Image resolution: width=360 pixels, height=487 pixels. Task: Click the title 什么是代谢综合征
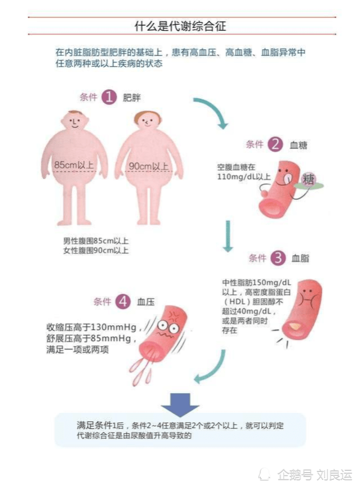point(180,26)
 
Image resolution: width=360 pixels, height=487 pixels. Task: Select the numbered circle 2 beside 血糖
point(275,144)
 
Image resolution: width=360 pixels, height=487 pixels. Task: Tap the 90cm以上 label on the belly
point(149,166)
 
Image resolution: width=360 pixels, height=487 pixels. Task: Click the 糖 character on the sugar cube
point(308,180)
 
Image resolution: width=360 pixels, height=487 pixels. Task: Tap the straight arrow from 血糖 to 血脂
point(227,236)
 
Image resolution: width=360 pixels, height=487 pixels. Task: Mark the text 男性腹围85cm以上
point(96,241)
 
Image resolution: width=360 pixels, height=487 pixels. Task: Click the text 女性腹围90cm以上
point(96,250)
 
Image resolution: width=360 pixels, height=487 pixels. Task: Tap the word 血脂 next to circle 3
point(300,258)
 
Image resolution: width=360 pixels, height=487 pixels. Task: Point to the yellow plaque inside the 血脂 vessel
point(295,326)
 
